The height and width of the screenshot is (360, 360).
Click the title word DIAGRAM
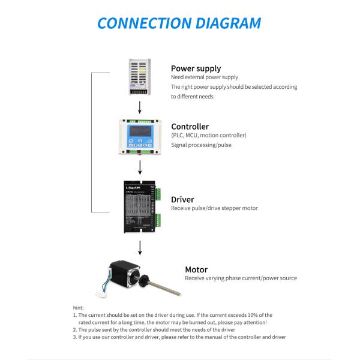224,23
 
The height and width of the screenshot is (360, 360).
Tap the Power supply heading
196,68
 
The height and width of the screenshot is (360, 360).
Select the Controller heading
190,127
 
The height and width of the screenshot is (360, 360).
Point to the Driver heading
182,199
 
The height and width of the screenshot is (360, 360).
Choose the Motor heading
196,269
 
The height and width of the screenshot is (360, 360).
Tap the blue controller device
140,136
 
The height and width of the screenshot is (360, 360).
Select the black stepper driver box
140,205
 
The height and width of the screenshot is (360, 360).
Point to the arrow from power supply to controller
140,107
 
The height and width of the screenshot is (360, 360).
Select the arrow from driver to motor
140,247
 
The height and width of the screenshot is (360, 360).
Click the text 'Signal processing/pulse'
201,145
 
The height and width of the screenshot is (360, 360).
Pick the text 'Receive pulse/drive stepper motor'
214,209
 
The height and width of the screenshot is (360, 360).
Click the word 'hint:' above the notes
78,307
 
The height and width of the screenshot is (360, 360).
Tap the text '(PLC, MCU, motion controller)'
208,136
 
